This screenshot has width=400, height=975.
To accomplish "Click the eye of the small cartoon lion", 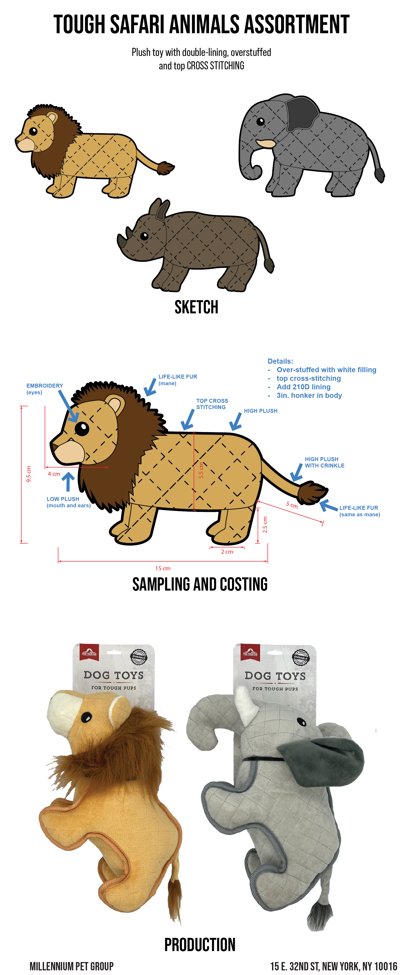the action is [x=33, y=131].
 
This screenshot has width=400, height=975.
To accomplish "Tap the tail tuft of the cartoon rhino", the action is [x=269, y=265].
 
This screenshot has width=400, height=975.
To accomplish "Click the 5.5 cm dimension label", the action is [x=201, y=470].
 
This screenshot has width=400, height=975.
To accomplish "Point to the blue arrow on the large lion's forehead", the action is [x=73, y=416].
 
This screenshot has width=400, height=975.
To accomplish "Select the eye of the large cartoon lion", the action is [x=82, y=428].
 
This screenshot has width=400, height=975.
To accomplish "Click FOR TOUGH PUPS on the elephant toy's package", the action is [x=275, y=689].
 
